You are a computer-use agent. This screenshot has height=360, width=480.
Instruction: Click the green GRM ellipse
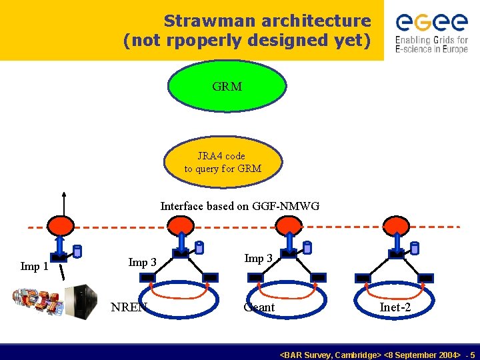[227, 85]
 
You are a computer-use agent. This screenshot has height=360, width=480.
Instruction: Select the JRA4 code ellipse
[223, 162]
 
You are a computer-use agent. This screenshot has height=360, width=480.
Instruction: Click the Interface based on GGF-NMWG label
[240, 206]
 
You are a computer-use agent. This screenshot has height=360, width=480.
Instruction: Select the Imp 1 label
[34, 267]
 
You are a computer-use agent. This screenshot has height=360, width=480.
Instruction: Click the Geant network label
[259, 307]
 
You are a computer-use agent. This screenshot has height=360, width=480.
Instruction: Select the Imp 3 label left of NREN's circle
[142, 262]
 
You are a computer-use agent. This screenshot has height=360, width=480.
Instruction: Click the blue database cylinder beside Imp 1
[77, 251]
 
